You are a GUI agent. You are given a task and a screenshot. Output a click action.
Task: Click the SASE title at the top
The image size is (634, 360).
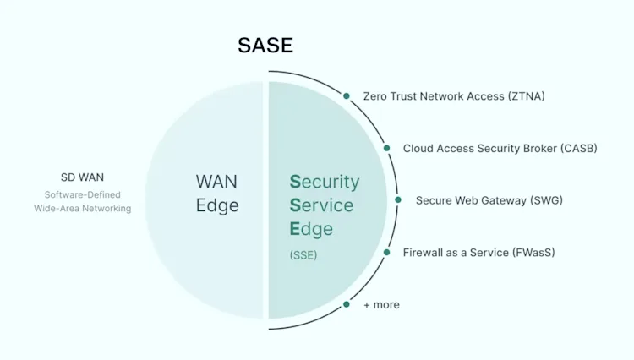[265, 46]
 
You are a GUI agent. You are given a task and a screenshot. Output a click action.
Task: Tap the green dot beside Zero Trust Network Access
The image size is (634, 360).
[347, 96]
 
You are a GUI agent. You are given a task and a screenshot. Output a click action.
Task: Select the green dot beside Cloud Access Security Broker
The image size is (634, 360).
[387, 148]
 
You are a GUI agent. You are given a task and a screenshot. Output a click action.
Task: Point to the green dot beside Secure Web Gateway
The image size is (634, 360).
[398, 200]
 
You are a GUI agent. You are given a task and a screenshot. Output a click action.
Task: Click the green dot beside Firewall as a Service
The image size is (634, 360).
[387, 252]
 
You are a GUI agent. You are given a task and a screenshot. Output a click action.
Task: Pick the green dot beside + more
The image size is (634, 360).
[347, 304]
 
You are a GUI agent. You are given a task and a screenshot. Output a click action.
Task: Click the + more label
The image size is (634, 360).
[381, 304]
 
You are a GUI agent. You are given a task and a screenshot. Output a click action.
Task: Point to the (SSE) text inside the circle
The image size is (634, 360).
[303, 254]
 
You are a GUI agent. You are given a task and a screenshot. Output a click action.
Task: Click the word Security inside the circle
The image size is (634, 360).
[325, 182]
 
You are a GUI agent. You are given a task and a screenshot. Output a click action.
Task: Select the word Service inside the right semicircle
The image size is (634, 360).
[321, 205]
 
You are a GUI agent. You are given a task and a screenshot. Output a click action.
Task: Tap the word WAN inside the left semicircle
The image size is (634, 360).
[216, 182]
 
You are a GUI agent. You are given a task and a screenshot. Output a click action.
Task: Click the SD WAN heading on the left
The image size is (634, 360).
[83, 177]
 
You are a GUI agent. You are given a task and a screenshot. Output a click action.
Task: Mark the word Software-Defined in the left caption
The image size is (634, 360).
[83, 194]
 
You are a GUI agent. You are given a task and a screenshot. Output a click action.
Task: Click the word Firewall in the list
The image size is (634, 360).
[424, 252]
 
